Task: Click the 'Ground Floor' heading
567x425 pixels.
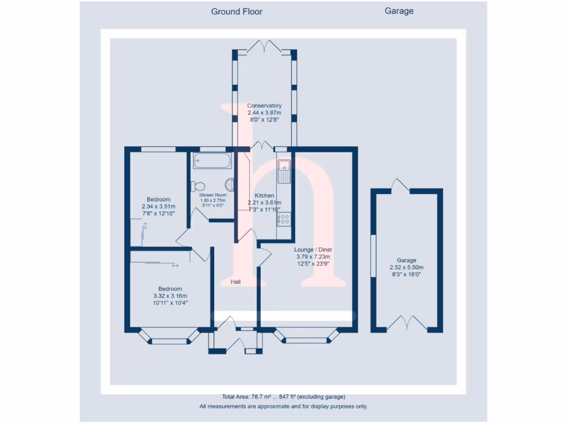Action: (x=236, y=11)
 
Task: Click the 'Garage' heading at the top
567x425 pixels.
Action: (x=399, y=11)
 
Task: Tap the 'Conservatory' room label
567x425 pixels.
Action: (x=264, y=106)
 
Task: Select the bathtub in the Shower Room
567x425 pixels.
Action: (x=212, y=161)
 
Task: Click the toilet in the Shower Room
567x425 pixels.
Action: (x=198, y=186)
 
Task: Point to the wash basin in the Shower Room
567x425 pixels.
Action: (x=229, y=185)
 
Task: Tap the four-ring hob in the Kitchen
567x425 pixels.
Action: (x=284, y=219)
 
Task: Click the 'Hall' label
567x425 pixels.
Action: (x=236, y=282)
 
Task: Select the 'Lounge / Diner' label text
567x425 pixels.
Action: (x=313, y=250)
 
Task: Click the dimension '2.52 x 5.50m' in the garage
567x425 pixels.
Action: (x=406, y=267)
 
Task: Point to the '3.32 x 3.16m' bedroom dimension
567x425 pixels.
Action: (x=170, y=296)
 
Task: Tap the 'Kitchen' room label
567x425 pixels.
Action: (x=264, y=196)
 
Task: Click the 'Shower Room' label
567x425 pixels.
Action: (x=213, y=195)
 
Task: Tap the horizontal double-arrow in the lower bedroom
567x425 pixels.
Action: (x=175, y=266)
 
